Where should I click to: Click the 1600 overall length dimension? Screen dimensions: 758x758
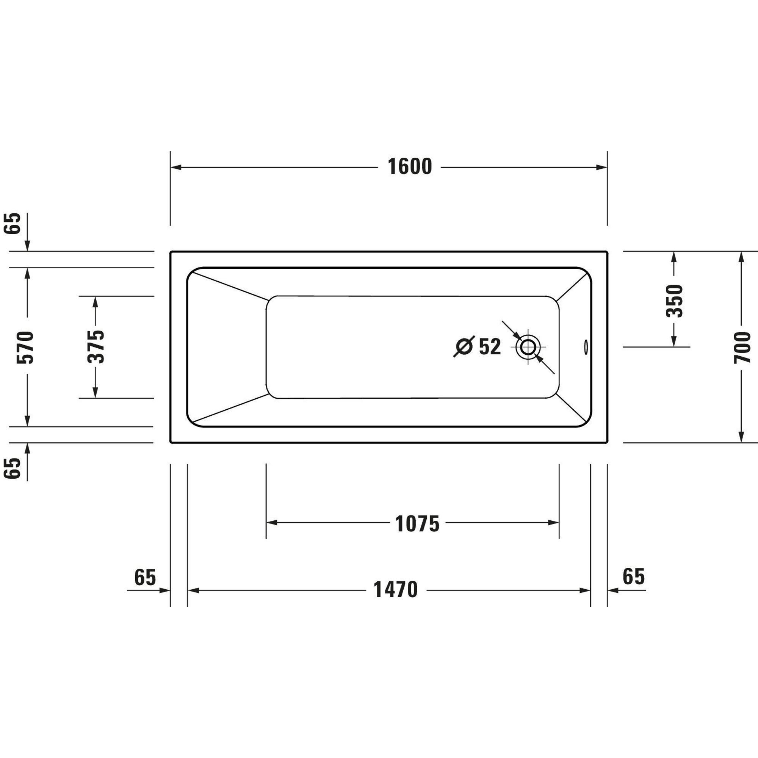[410, 167]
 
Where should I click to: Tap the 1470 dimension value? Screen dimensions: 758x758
[395, 590]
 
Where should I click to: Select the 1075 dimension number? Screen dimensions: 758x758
[417, 524]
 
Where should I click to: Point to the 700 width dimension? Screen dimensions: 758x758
[742, 347]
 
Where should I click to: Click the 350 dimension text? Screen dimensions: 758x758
[675, 301]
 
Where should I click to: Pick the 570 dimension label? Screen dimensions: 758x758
[25, 347]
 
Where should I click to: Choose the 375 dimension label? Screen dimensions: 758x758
[96, 347]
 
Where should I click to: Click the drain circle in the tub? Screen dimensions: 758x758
[528, 347]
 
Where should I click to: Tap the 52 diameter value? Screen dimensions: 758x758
[490, 347]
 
